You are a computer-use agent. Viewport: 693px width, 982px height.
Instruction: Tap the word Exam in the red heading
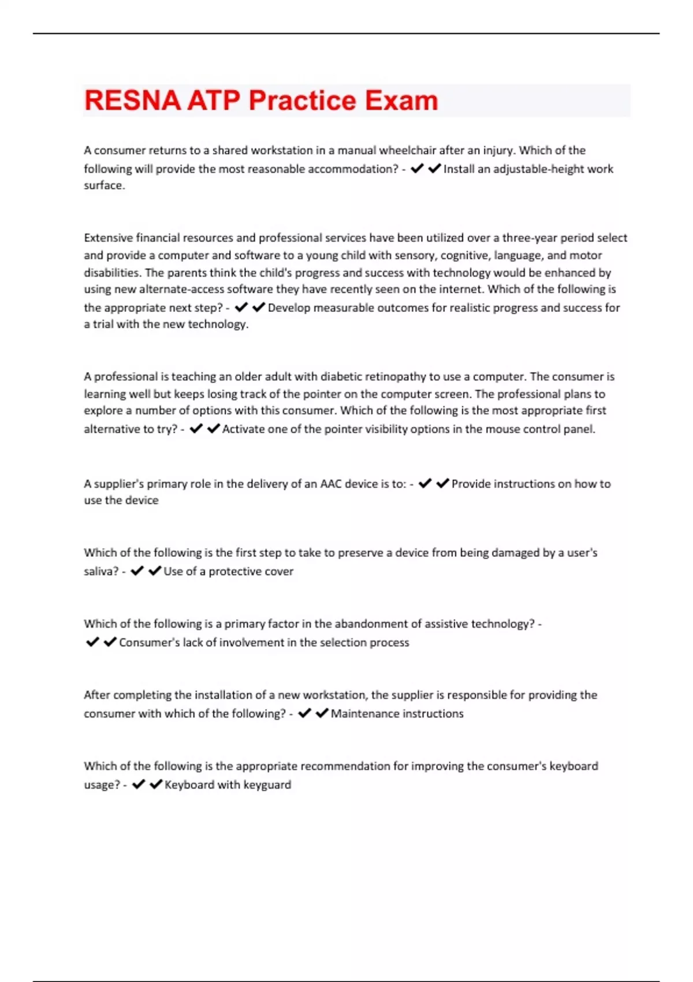coord(401,101)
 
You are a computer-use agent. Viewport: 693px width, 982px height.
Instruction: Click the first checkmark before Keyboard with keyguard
coord(138,784)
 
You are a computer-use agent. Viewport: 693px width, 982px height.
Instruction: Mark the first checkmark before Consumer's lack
coord(92,642)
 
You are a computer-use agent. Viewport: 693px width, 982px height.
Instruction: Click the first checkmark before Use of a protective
coord(137,571)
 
